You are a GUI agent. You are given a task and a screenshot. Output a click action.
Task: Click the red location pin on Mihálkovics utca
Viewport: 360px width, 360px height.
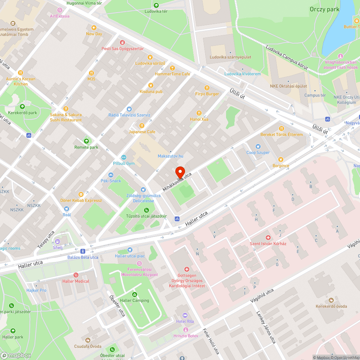180,172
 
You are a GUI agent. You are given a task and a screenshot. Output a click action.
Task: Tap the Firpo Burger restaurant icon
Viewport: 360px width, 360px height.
207,88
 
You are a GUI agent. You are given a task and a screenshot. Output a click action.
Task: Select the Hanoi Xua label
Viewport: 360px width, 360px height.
199,119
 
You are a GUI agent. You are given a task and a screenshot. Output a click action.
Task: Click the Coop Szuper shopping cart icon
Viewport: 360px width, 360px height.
258,147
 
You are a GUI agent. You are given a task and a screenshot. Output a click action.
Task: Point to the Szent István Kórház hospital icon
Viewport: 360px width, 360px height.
268,238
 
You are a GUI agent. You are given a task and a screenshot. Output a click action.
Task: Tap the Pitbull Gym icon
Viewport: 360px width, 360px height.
123,157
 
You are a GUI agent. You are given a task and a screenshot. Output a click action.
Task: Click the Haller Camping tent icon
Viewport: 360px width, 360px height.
135,294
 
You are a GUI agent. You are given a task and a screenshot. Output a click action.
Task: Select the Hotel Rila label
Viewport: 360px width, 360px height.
185,321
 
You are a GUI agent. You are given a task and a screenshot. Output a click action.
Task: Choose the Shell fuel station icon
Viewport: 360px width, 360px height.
57,241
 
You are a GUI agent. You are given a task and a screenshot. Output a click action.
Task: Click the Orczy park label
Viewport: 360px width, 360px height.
324,9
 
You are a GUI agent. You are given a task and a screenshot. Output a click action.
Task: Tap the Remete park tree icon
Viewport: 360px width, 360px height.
86,141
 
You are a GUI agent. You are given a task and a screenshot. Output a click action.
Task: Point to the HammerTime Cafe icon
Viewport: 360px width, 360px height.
172,68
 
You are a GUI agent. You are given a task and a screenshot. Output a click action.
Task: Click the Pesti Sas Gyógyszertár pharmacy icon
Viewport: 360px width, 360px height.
122,42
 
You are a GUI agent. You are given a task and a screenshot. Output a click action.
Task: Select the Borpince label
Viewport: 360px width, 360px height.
280,166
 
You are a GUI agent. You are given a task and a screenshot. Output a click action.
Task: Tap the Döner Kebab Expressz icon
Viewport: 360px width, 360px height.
81,194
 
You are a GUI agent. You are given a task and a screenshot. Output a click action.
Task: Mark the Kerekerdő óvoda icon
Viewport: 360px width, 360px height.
331,300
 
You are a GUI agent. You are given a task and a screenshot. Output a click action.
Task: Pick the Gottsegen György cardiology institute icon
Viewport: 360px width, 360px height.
186,269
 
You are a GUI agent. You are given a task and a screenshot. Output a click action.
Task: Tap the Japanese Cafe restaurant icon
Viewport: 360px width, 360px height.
142,126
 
